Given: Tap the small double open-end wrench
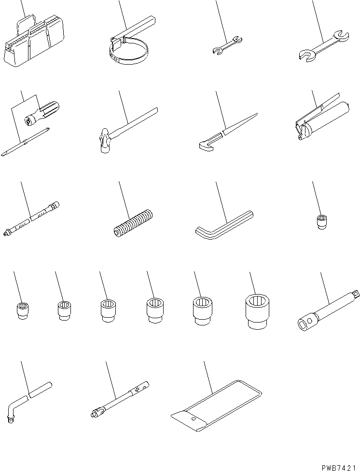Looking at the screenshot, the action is [x=227, y=45].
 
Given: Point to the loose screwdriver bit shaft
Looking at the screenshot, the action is [x=25, y=142].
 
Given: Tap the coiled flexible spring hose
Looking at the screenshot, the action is [x=134, y=223].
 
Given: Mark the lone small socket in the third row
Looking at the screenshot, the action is [x=322, y=222].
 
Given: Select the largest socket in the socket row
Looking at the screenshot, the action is [x=257, y=311].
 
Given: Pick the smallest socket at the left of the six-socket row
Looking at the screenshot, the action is [x=23, y=311].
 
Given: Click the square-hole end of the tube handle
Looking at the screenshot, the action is [x=305, y=323].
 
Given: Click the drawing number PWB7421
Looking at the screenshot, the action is [x=340, y=468].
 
